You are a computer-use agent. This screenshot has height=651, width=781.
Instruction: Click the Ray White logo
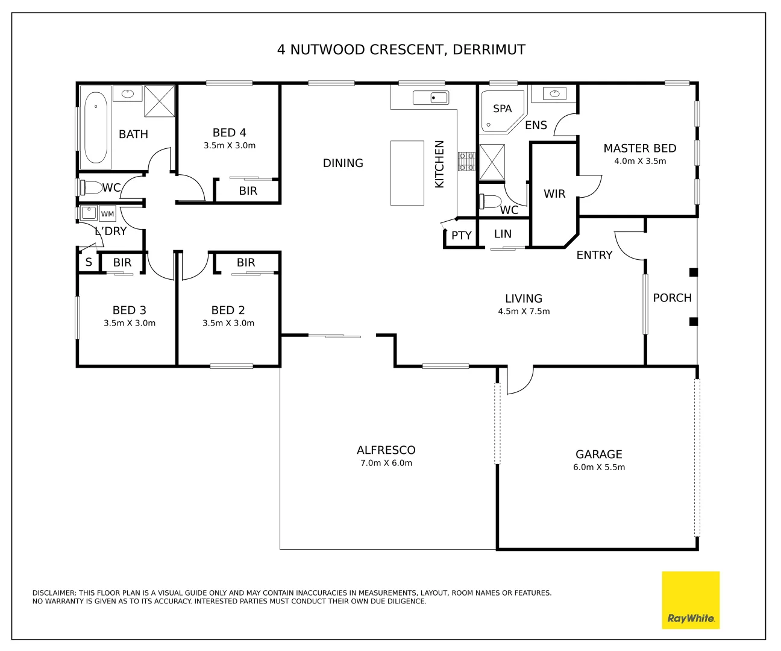[x=691, y=600]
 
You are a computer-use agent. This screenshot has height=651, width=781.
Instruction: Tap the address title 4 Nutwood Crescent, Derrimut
[x=401, y=49]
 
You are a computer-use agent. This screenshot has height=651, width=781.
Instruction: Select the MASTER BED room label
[x=639, y=148]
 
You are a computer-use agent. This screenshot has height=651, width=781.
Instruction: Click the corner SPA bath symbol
[x=500, y=111]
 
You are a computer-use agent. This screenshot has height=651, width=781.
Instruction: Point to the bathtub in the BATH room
[x=96, y=127]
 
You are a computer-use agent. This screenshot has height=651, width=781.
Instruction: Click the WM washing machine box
[x=107, y=214]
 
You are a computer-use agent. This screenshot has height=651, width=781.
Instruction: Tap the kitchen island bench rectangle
[x=407, y=173]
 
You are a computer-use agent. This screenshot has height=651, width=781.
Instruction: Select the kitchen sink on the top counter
[x=431, y=97]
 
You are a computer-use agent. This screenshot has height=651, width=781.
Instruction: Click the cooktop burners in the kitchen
[x=466, y=161]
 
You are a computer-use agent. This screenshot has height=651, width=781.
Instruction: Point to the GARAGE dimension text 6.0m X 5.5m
[x=598, y=468]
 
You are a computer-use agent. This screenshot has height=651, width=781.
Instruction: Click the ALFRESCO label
[x=386, y=450]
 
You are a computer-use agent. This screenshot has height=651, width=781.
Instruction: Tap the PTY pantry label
[x=462, y=236]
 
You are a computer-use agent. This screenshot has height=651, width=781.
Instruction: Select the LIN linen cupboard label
[x=503, y=234]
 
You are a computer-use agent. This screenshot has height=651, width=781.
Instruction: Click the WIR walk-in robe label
[x=554, y=194]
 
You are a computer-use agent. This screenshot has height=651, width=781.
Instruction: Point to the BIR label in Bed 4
[x=248, y=191]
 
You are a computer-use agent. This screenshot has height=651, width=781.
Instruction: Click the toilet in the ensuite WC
[x=491, y=201]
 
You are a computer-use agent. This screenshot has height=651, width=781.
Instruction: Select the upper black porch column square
[x=693, y=272]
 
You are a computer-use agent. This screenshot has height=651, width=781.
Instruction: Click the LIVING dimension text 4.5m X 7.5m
[x=524, y=312]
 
